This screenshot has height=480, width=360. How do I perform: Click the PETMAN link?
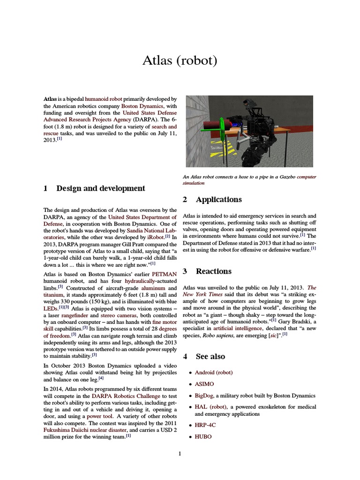coord(164,274)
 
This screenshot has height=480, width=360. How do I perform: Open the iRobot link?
coord(155,238)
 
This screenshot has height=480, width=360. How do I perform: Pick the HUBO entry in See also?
coord(203,436)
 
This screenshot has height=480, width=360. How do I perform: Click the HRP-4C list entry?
coord(205,425)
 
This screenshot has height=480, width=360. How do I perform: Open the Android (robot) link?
coord(214,372)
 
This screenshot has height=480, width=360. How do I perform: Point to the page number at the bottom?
coord(180,453)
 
